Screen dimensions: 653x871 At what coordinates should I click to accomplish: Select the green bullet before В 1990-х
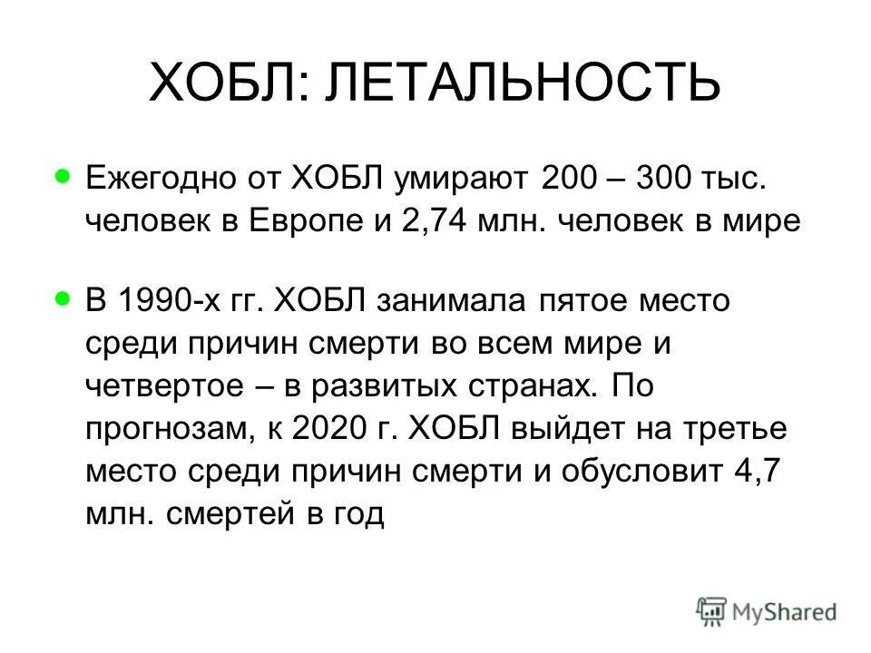tap(62, 296)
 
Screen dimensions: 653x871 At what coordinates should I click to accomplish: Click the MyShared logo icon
tap(712, 612)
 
